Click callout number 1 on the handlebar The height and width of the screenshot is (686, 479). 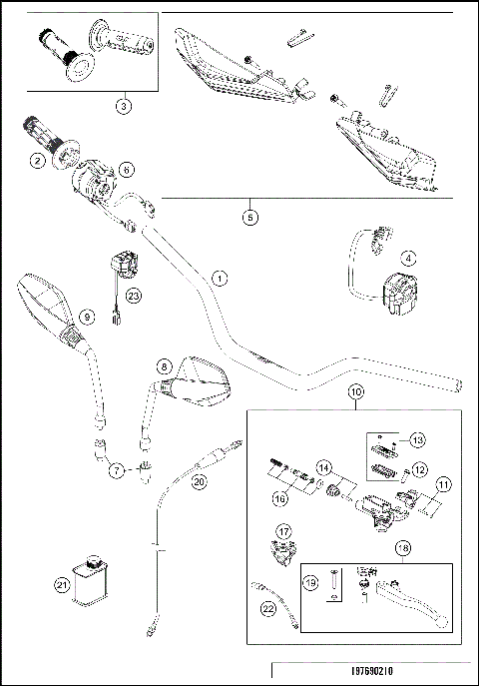(220, 277)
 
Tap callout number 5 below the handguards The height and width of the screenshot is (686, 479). (249, 214)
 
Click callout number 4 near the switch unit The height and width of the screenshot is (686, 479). (406, 257)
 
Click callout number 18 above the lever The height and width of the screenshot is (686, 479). (402, 548)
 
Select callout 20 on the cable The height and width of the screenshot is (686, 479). (199, 481)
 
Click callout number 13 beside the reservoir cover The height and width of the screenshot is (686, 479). (417, 439)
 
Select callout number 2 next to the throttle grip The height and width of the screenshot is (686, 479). (37, 160)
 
